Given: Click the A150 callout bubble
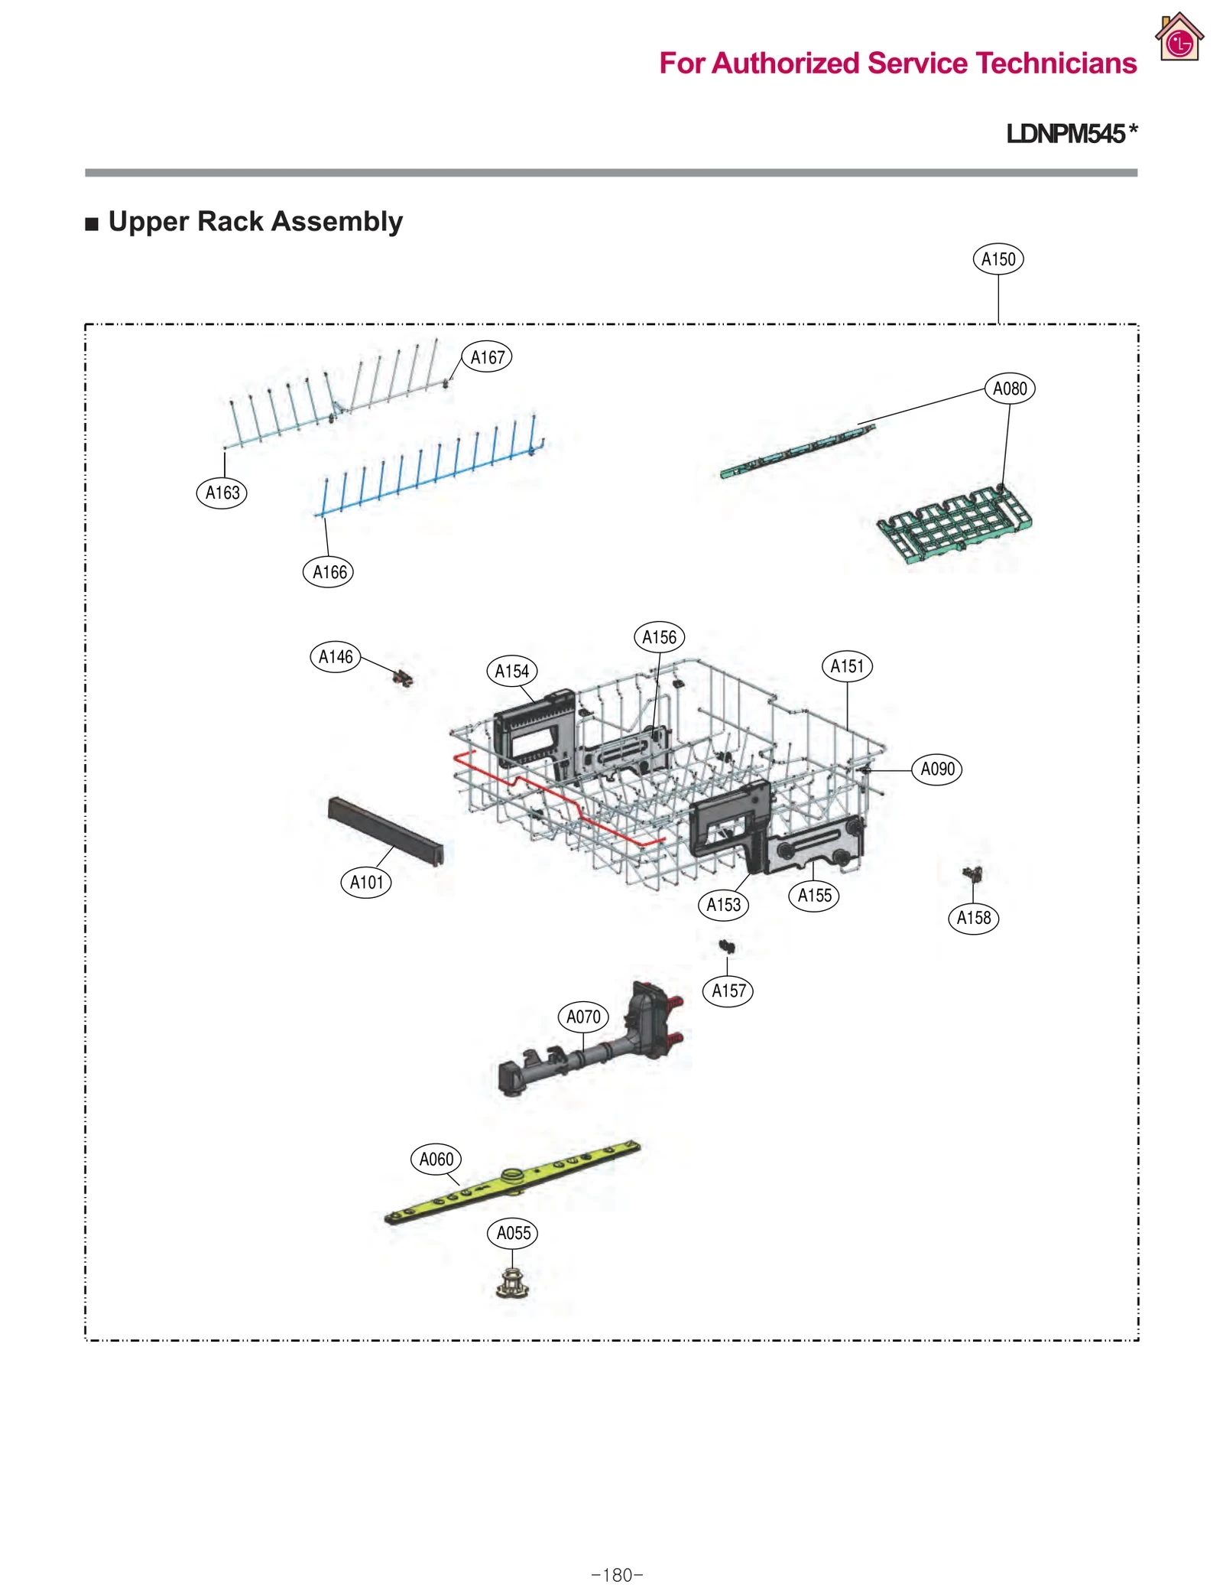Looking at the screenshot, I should coord(998,259).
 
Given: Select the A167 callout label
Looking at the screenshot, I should coord(487,357).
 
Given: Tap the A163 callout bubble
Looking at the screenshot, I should coord(222,493).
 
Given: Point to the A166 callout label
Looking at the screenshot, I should coord(329,572).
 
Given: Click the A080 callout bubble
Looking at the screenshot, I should coord(1009,389).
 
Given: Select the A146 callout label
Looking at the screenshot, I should coord(336,657).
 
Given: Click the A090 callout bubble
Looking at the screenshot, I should coord(937,769).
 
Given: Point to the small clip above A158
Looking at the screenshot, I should coord(972,873).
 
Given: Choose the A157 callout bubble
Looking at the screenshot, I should coord(728,991).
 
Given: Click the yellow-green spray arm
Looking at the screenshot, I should coord(512,1182).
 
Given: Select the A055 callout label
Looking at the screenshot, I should coord(513,1233).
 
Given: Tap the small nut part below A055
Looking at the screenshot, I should coord(513,1283).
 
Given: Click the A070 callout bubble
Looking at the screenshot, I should coord(583,1017).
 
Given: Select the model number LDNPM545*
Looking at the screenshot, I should coord(1071,134).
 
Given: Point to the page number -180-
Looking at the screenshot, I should coord(617,1575).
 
